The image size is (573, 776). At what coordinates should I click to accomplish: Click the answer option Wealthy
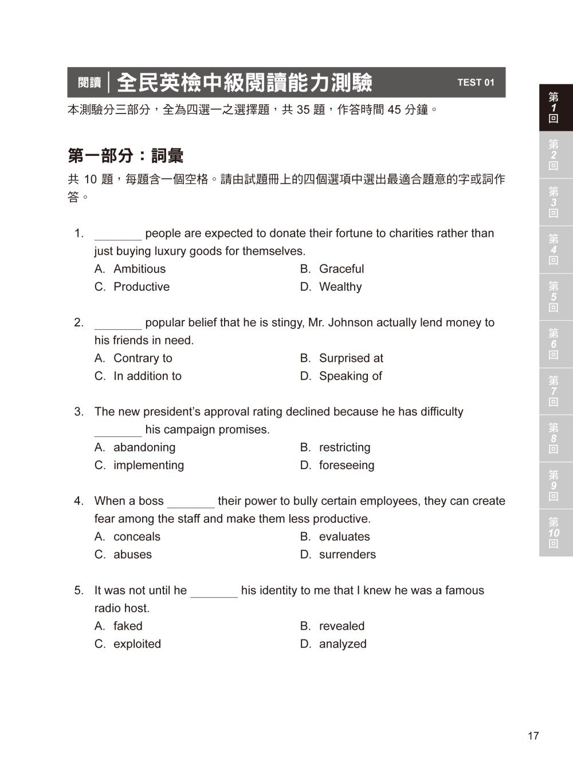click(x=340, y=287)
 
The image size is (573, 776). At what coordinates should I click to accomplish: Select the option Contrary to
click(x=143, y=358)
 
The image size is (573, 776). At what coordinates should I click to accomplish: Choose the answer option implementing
click(x=148, y=465)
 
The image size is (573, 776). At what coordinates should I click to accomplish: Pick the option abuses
click(x=132, y=555)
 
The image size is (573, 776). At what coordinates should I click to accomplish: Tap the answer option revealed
click(x=342, y=626)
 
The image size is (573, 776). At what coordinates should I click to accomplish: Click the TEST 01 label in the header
click(x=476, y=83)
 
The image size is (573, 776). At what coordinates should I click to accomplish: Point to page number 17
click(x=533, y=736)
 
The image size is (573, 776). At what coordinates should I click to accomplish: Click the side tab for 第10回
click(x=554, y=533)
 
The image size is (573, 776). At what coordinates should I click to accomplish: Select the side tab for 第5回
click(x=554, y=297)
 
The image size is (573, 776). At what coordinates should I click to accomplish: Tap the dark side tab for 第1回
click(x=554, y=108)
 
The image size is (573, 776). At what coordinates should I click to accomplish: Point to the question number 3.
click(x=79, y=412)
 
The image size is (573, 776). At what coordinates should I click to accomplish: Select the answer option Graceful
click(x=341, y=269)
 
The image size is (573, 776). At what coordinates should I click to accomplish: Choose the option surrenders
click(x=347, y=555)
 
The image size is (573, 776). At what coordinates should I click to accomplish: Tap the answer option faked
click(x=128, y=626)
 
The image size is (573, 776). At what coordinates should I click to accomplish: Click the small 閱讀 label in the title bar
click(x=89, y=83)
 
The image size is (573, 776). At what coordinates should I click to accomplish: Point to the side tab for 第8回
click(x=554, y=438)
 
